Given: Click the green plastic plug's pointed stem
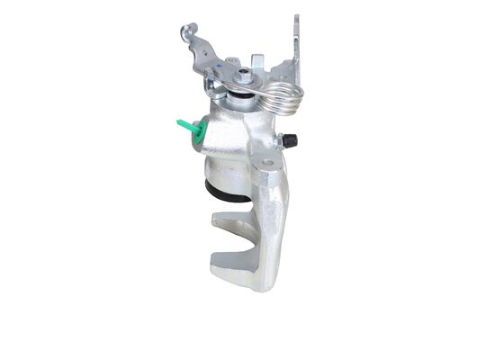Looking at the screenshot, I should [181, 123].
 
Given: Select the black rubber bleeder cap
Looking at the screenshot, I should [291, 140].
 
